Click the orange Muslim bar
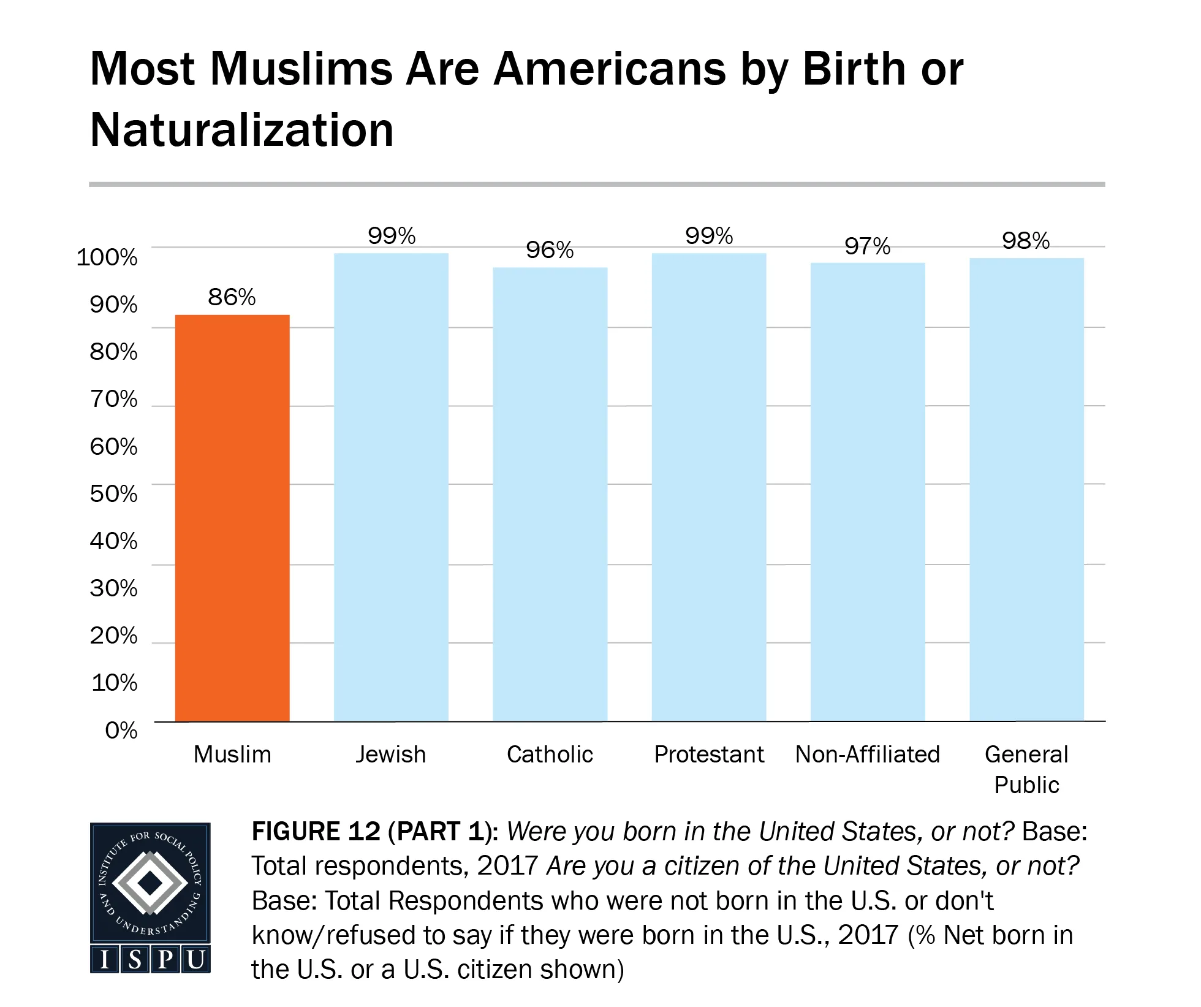(232, 518)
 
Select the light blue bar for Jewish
(391, 487)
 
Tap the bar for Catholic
(550, 494)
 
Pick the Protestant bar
(709, 487)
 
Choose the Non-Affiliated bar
(868, 492)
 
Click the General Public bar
(1026, 489)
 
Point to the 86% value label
(232, 297)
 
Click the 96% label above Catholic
(550, 250)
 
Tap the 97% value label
(867, 246)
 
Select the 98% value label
(1026, 241)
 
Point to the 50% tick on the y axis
(113, 494)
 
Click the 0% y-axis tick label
(121, 731)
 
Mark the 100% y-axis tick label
(107, 257)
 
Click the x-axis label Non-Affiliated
(867, 754)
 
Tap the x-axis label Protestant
(709, 754)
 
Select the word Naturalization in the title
(242, 131)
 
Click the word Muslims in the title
(301, 69)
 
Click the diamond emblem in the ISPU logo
(150, 883)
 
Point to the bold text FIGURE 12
(316, 832)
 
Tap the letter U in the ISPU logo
(195, 960)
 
